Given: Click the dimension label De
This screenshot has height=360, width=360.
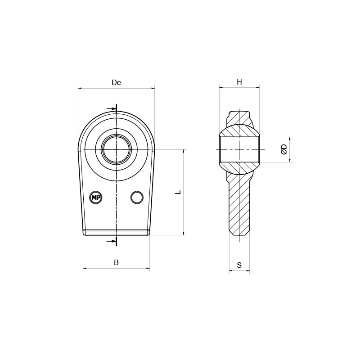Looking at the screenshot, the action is pyautogui.click(x=116, y=82).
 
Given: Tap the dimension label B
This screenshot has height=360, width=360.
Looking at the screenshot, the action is pyautogui.click(x=116, y=262).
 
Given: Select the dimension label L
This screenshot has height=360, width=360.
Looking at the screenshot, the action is pyautogui.click(x=178, y=192).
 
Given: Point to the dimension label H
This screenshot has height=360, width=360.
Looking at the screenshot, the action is pyautogui.click(x=239, y=82).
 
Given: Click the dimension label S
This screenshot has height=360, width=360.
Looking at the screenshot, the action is pyautogui.click(x=239, y=265).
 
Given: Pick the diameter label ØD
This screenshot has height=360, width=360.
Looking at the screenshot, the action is pyautogui.click(x=284, y=149).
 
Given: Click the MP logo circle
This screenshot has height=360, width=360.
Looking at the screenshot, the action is pyautogui.click(x=96, y=197).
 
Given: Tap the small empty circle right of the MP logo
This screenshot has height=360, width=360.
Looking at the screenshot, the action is pyautogui.click(x=137, y=197).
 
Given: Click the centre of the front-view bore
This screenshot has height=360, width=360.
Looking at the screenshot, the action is pyautogui.click(x=117, y=150).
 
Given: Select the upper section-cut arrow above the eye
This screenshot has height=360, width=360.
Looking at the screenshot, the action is pyautogui.click(x=112, y=108).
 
